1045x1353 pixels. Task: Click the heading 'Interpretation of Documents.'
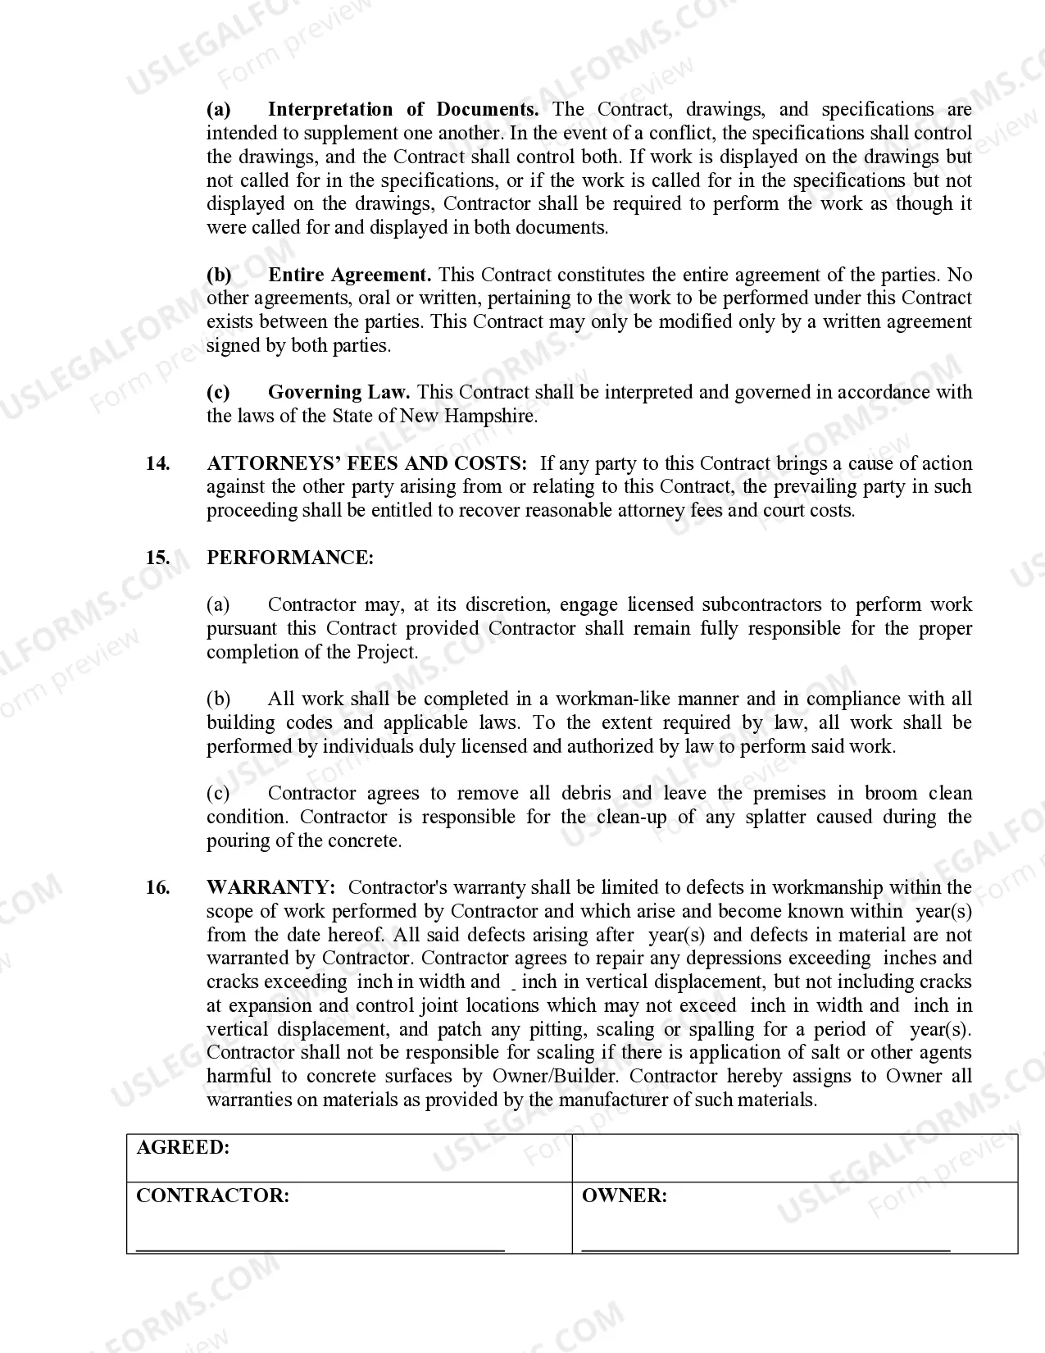[403, 110]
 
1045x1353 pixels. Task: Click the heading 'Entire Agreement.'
[350, 275]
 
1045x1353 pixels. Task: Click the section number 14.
[157, 463]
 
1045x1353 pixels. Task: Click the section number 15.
[157, 558]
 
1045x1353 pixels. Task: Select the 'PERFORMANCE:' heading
[290, 558]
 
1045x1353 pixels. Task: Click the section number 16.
[157, 887]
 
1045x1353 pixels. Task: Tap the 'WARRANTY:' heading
[271, 887]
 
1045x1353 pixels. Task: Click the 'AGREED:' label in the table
[183, 1147]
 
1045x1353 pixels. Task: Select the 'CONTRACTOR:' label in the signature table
[212, 1196]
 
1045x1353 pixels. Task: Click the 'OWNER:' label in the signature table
[624, 1196]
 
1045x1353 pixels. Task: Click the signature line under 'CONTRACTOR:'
[320, 1250]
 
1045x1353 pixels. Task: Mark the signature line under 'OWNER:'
[766, 1250]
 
